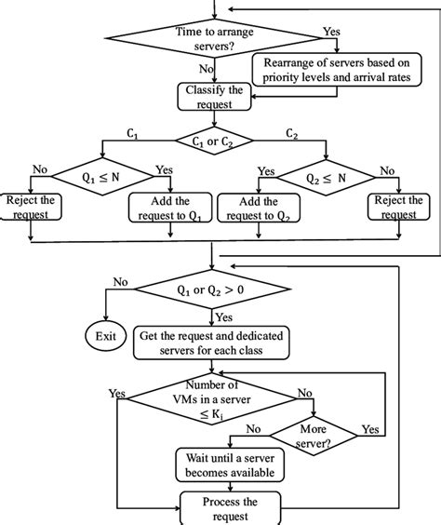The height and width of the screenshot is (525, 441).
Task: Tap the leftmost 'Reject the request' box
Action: click(33, 207)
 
